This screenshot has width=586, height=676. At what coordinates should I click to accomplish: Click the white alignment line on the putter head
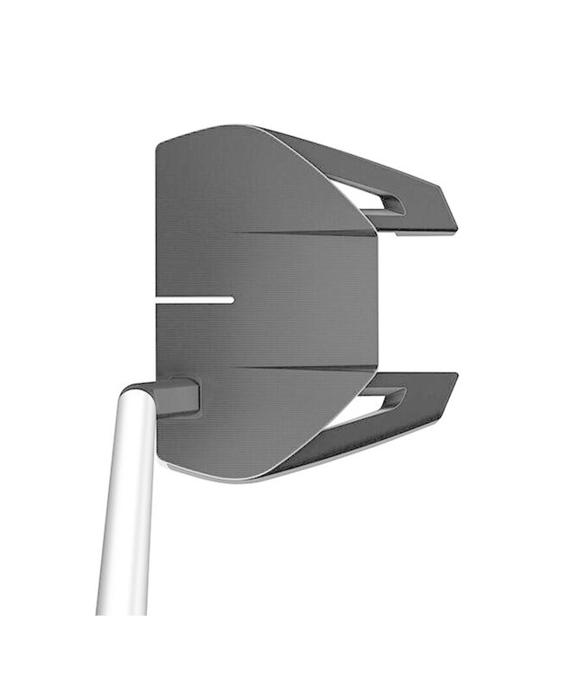(x=194, y=299)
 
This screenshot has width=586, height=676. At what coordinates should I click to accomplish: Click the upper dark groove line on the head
(x=316, y=234)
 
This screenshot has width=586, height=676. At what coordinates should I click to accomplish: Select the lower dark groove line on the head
(x=316, y=368)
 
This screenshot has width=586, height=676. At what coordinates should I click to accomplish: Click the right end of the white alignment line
(x=231, y=299)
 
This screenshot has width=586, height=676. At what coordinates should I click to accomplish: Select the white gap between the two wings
(x=424, y=302)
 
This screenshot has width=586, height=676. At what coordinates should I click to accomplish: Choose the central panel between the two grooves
(x=298, y=302)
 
